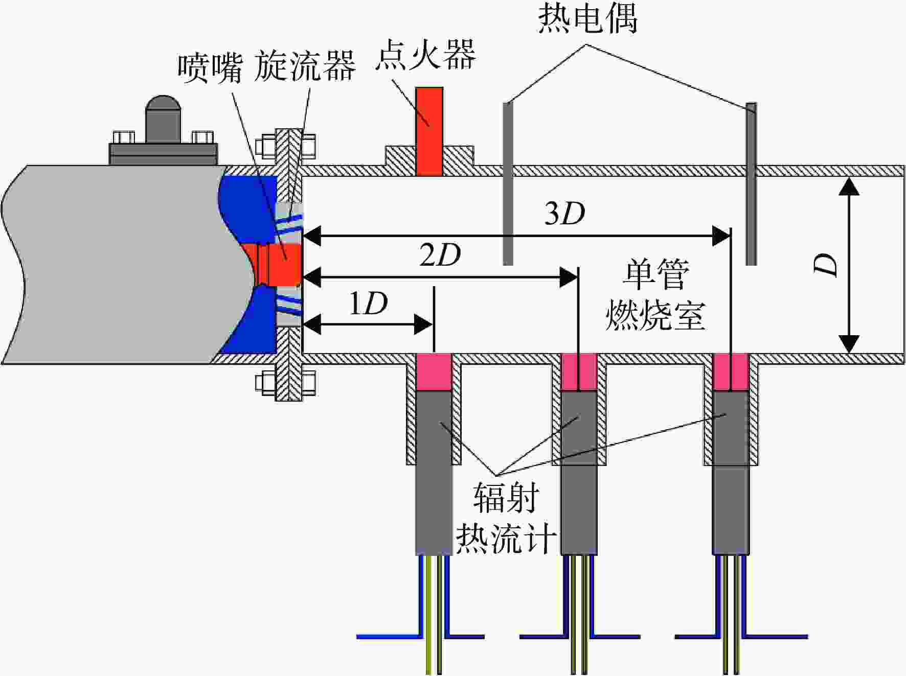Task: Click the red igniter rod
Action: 429,131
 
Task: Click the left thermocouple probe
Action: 508,184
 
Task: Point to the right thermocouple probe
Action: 751,184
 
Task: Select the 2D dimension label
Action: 440,254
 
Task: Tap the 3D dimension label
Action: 564,214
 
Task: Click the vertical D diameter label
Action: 825,264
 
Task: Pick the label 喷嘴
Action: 210,67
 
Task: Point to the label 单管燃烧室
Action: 655,295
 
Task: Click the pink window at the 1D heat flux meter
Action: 434,372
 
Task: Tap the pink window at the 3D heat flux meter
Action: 731,372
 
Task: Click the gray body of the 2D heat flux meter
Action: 579,473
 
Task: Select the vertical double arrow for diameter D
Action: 849,264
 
